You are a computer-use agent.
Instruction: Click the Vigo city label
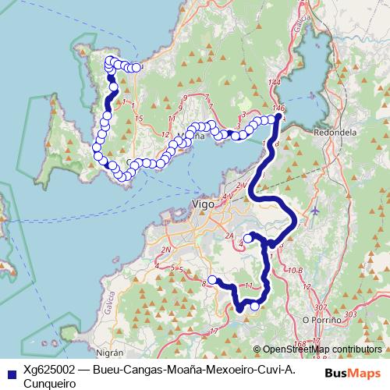pyautogui.click(x=203, y=204)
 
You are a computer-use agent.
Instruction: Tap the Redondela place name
pyautogui.click(x=335, y=133)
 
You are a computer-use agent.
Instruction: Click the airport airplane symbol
pyautogui.click(x=314, y=211)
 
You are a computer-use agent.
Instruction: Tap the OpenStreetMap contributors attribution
pyautogui.click(x=323, y=349)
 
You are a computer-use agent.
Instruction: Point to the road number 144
pyautogui.click(x=273, y=83)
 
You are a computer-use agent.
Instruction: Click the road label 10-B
pyautogui.click(x=294, y=270)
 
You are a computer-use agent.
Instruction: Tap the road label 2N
pyautogui.click(x=165, y=250)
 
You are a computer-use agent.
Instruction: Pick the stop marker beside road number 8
pyautogui.click(x=212, y=280)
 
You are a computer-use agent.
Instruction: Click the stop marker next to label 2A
pyautogui.click(x=247, y=238)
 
